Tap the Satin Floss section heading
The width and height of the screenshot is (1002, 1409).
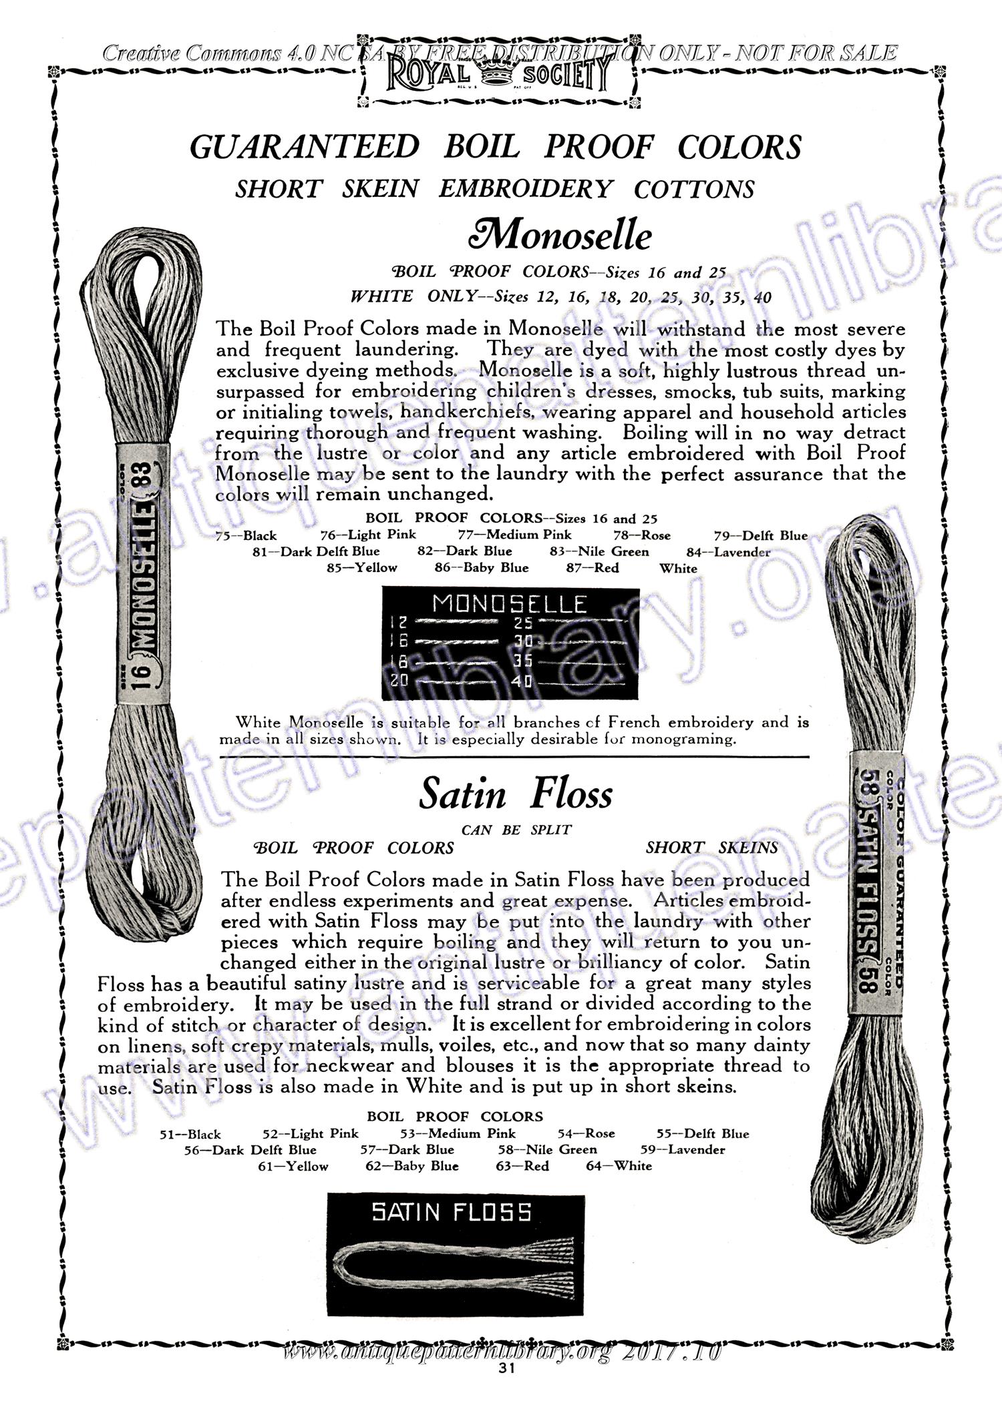coord(516,794)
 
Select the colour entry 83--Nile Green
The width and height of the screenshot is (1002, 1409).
coord(599,552)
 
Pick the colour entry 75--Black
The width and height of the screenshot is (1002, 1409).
coord(246,535)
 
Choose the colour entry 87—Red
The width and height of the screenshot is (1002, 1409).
coord(592,569)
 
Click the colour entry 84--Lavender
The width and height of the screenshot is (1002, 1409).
coord(728,552)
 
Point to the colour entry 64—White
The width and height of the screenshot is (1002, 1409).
coord(619,1166)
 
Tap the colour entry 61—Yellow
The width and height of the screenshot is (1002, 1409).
coord(293,1166)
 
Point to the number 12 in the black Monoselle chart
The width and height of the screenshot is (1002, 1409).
coord(399,623)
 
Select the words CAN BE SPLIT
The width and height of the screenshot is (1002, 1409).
coord(516,830)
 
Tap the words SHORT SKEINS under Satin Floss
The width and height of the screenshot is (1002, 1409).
coord(711,848)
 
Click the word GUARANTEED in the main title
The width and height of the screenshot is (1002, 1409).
coord(305,147)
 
